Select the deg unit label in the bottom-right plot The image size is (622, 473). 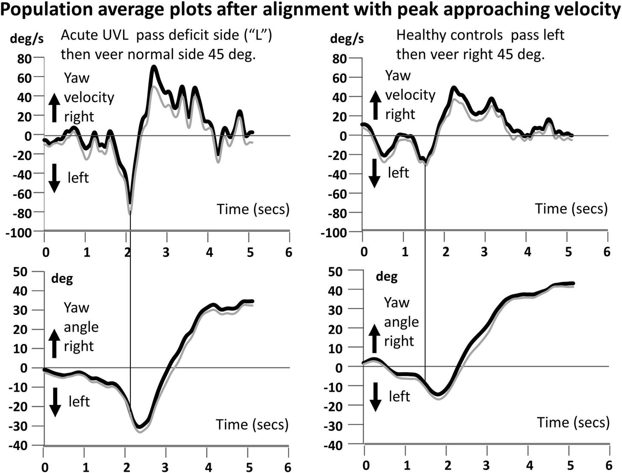pos(386,277)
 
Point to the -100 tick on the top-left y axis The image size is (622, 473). pos(18,233)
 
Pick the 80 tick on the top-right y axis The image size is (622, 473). pos(339,59)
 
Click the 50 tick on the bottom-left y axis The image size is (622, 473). pos(20,272)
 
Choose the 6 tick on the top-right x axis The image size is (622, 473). pos(607,252)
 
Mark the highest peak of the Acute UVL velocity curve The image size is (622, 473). pos(154,67)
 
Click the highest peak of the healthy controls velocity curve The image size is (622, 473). pos(454,88)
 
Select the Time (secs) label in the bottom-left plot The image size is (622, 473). pos(252,424)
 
